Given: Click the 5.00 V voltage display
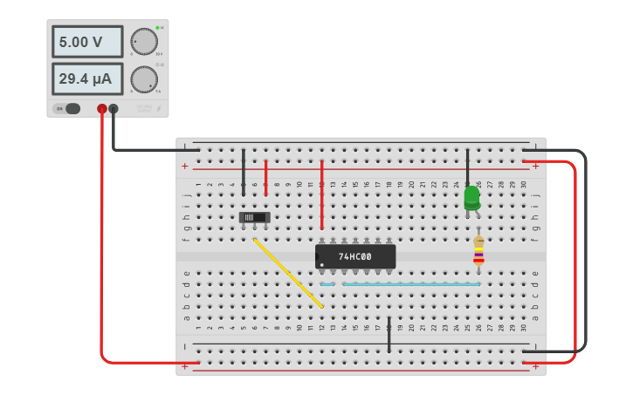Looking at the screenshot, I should click(87, 42).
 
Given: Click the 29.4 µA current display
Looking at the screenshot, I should click(87, 79).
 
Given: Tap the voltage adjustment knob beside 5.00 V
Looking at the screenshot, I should click(144, 41).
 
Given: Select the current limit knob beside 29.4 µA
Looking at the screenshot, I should click(144, 79).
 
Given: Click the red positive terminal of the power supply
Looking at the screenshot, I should click(102, 109).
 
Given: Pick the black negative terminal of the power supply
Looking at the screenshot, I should click(114, 109).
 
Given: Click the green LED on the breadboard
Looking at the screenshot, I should click(471, 197).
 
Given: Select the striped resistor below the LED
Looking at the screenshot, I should click(478, 250).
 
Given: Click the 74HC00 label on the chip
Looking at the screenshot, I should click(355, 256).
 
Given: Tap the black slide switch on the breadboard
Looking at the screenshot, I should click(255, 217).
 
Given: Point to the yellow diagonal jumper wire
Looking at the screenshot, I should click(288, 272).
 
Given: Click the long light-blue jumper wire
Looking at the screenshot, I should click(410, 284).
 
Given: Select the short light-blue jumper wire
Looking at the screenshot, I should click(328, 284).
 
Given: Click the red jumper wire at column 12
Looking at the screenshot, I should click(321, 194).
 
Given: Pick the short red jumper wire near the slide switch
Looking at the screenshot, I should click(266, 177).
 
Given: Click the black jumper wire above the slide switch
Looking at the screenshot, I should click(244, 172).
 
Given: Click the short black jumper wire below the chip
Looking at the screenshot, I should click(389, 335).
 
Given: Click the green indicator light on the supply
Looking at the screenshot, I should click(157, 28).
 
